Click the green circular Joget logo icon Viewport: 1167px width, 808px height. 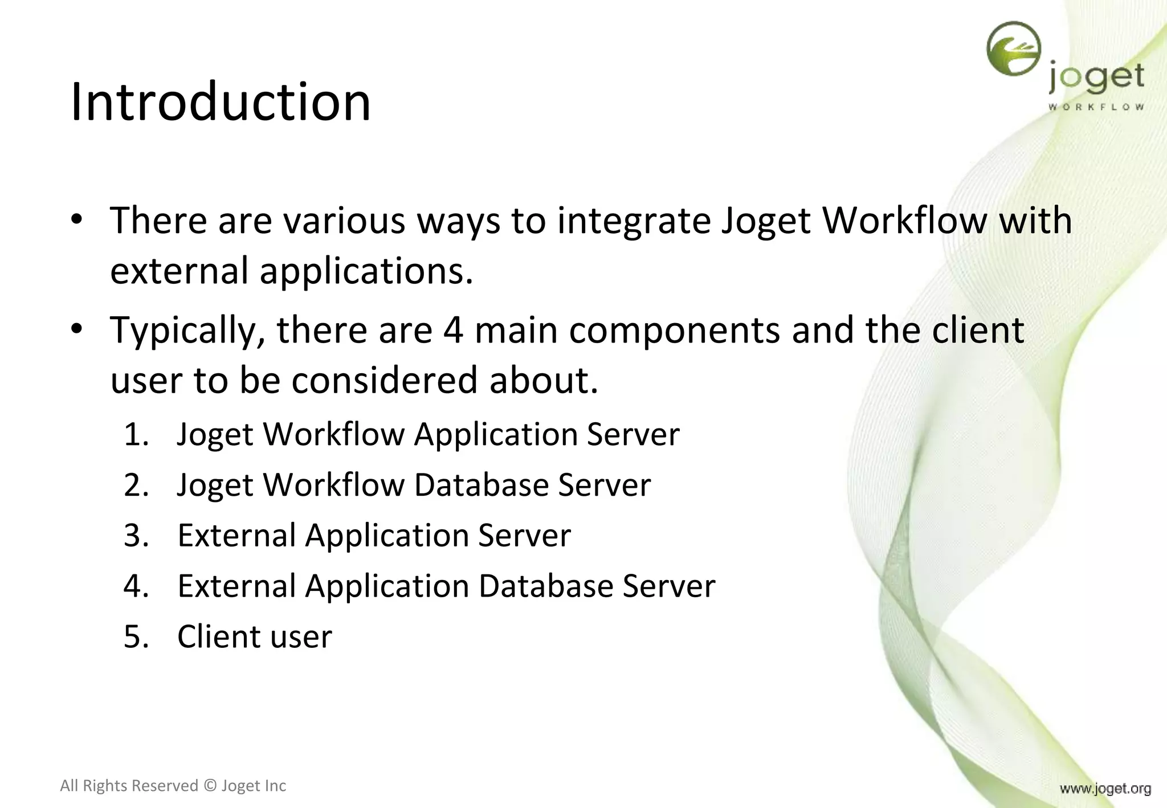[x=1014, y=49]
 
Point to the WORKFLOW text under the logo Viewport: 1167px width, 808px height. [x=1096, y=107]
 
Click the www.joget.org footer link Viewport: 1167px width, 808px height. [x=1105, y=789]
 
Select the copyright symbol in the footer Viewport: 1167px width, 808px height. [x=210, y=786]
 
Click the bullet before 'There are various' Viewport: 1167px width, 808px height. [x=77, y=220]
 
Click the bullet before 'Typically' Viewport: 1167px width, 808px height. [x=77, y=329]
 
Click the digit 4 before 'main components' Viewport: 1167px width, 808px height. [x=453, y=330]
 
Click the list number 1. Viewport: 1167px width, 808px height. [x=136, y=434]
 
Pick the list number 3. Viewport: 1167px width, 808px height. [x=136, y=536]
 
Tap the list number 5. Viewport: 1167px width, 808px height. [x=136, y=636]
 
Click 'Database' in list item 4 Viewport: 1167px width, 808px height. [x=545, y=586]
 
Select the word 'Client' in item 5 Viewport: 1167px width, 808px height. [x=218, y=636]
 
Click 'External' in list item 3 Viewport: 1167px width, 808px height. [x=236, y=536]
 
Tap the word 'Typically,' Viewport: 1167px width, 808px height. [x=187, y=331]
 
